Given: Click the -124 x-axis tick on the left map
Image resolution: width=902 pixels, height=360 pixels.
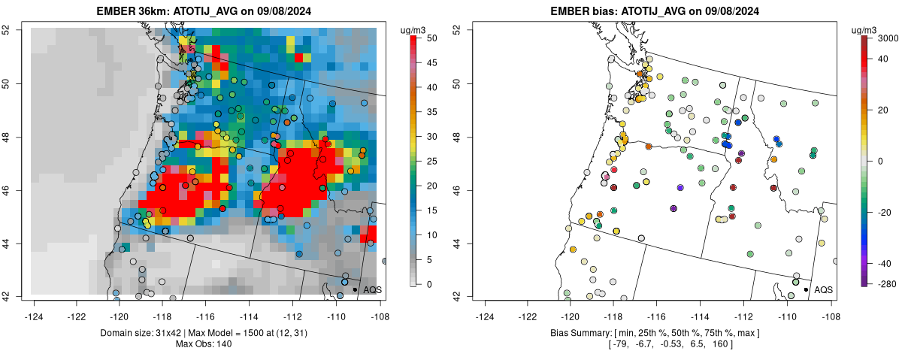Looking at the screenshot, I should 35,307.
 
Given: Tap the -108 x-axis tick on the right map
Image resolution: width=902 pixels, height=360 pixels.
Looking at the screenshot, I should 830,307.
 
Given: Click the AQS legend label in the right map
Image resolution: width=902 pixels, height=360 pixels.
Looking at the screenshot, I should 823,289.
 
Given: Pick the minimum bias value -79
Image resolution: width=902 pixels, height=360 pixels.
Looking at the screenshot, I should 619,344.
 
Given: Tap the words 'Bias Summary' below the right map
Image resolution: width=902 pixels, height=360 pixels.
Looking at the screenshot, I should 578,333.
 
